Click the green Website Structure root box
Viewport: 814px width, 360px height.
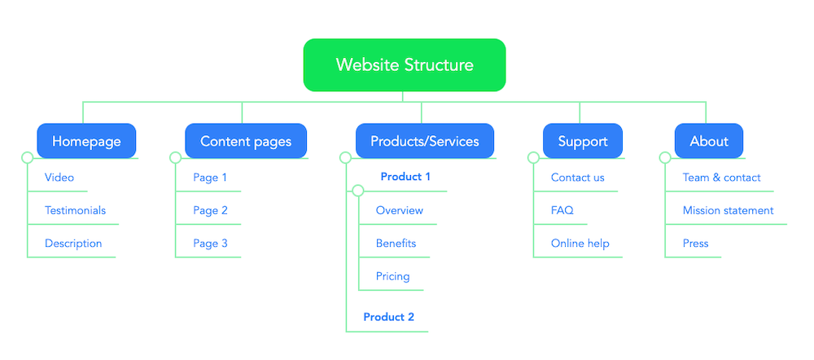[405, 64]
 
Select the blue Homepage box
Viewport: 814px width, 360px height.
[86, 141]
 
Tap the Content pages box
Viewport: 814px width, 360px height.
[246, 141]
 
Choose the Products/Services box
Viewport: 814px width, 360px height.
[425, 141]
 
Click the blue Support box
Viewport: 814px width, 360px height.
[583, 141]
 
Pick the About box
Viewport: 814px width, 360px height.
[709, 141]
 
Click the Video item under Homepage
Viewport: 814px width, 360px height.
[59, 178]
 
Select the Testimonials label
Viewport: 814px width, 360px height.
[75, 210]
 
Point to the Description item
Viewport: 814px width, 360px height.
[73, 244]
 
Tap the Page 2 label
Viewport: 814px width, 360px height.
[210, 210]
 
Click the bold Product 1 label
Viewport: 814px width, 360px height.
[405, 177]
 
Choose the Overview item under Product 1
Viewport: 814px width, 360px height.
[399, 210]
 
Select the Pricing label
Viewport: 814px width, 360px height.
[392, 276]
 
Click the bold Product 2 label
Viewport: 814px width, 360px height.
[388, 317]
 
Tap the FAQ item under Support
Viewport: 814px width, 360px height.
[562, 210]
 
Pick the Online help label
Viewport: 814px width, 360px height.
[580, 244]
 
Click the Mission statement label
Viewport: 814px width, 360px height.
[728, 210]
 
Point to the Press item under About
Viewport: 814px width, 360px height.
[695, 244]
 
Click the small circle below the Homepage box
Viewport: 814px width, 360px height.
[27, 158]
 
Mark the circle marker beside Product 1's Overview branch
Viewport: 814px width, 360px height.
[357, 191]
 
